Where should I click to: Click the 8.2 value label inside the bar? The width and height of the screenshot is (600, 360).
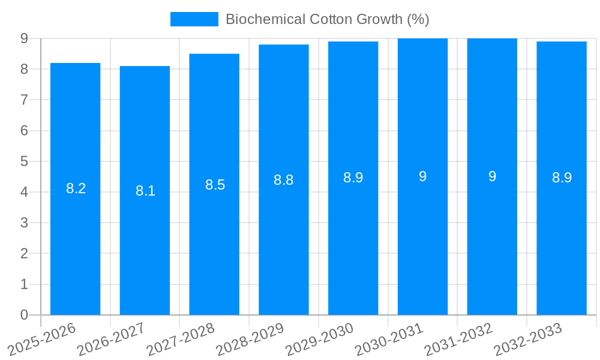[76, 188]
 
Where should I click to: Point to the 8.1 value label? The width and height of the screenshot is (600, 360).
[145, 191]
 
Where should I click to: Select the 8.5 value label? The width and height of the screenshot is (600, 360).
[215, 185]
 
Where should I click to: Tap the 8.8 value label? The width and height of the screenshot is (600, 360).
[284, 180]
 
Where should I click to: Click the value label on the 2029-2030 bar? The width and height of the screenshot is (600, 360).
[353, 178]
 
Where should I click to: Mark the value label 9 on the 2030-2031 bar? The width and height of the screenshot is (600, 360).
[422, 176]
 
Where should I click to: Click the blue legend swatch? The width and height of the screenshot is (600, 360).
[194, 19]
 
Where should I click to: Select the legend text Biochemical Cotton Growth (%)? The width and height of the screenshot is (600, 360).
[327, 19]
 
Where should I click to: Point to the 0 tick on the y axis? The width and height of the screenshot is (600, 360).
[24, 315]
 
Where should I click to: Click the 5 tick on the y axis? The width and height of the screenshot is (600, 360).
[24, 161]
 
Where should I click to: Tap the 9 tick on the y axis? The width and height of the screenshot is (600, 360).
[24, 38]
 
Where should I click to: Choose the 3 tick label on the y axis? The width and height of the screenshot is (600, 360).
[24, 223]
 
